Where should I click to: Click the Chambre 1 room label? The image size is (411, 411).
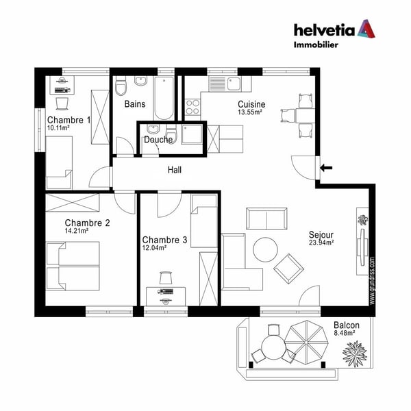[x=68, y=120]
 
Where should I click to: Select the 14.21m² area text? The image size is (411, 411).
[x=77, y=232]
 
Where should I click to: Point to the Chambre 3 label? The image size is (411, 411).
[x=164, y=240]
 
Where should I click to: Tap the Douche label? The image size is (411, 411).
[x=158, y=140]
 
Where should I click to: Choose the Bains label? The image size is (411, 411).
[x=135, y=105]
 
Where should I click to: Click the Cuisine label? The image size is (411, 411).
[x=251, y=104]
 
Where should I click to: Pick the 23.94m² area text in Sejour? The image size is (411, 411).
[x=321, y=242]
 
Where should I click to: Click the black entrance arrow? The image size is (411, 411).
[x=327, y=166]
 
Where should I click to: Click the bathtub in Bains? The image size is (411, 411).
[x=164, y=99]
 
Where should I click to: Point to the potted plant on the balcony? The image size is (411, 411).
[x=356, y=354]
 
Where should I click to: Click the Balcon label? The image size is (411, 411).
[x=346, y=325]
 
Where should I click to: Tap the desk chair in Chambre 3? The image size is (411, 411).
[x=166, y=278]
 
